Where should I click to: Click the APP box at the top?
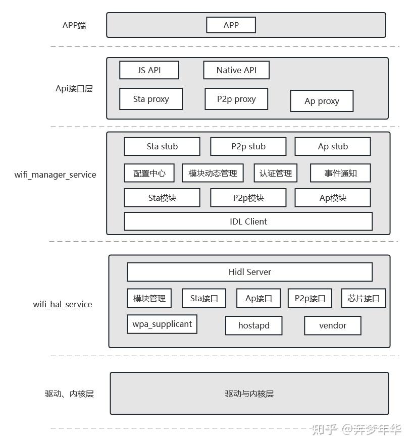tap(231, 25)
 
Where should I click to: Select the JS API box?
tap(149, 70)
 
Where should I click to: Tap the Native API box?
tap(236, 70)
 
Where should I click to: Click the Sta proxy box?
tap(151, 99)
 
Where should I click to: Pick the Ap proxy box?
tap(322, 101)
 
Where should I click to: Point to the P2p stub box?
tap(248, 146)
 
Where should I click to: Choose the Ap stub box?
tap(333, 146)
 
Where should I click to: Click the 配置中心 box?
tap(149, 173)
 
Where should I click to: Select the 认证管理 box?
tap(276, 173)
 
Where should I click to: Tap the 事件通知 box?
tap(340, 173)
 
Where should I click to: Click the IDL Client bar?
tap(248, 221)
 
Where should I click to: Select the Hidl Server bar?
tap(249, 272)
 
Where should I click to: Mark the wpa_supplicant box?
tap(162, 324)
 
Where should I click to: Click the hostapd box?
tap(253, 325)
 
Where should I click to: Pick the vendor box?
tap(333, 325)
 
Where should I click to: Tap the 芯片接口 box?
tap(364, 298)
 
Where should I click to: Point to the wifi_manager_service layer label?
tap(55, 175)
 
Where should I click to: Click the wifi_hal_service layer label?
tap(63, 304)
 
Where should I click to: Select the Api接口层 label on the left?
tap(74, 89)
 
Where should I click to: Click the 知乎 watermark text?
tap(324, 429)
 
